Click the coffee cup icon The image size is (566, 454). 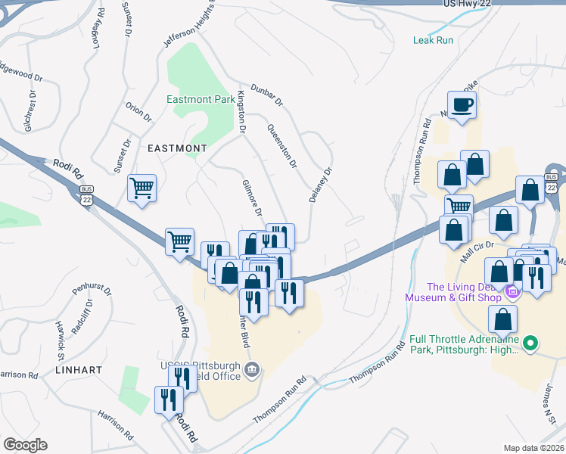462,104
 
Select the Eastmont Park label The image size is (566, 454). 201,99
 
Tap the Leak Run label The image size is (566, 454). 433,40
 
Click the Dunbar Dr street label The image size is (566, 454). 266,94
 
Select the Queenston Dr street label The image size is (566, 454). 280,146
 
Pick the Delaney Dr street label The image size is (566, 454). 320,183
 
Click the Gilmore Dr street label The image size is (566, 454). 251,198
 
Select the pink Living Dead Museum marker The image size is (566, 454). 512,291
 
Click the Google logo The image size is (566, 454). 25,445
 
